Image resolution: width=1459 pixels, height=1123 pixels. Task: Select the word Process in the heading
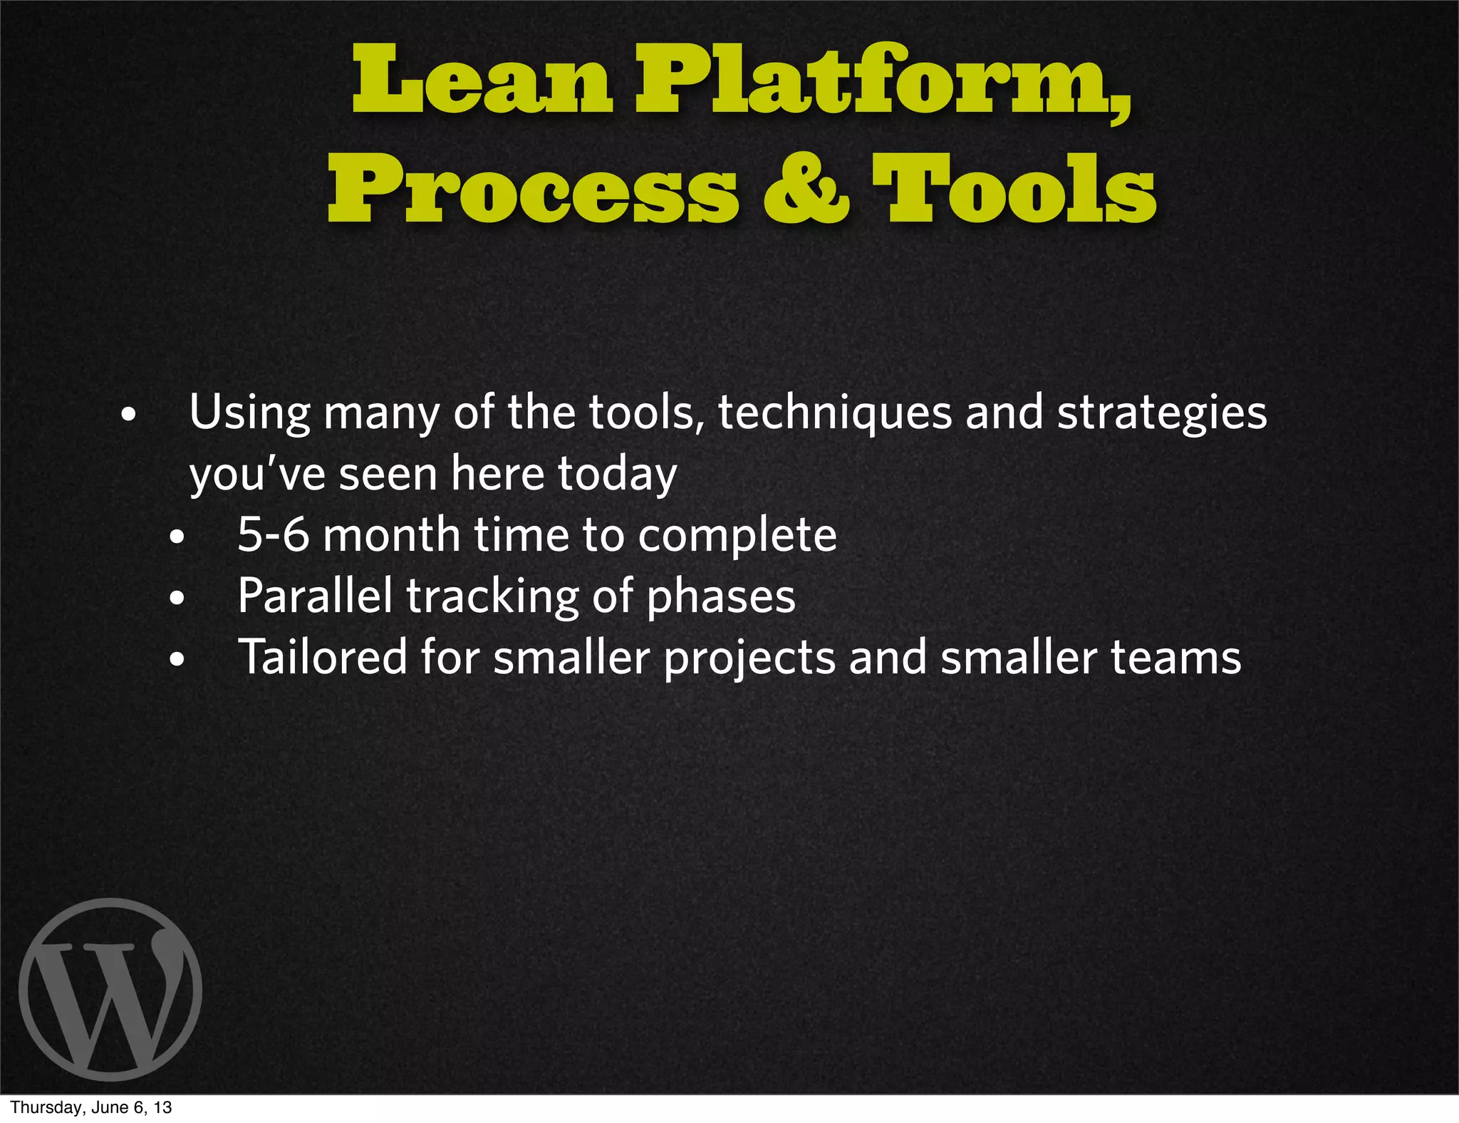(532, 189)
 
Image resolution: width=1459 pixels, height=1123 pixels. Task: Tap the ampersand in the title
(806, 189)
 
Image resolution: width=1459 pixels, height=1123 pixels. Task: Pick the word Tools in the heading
(1014, 189)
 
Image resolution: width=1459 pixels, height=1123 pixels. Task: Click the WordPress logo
(110, 989)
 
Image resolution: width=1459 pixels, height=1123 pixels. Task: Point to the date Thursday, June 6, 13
(91, 1107)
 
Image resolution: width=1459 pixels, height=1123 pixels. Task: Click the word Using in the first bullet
(250, 413)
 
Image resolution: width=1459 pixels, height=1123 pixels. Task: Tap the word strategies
(1161, 413)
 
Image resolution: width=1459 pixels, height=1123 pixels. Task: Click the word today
(617, 475)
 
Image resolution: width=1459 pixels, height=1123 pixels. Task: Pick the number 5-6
(274, 534)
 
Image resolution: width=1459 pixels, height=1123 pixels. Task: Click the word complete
(737, 536)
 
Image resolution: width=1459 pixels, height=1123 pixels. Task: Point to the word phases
(720, 597)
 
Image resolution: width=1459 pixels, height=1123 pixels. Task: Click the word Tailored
(322, 657)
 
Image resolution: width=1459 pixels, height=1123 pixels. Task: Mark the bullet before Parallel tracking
(177, 599)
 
